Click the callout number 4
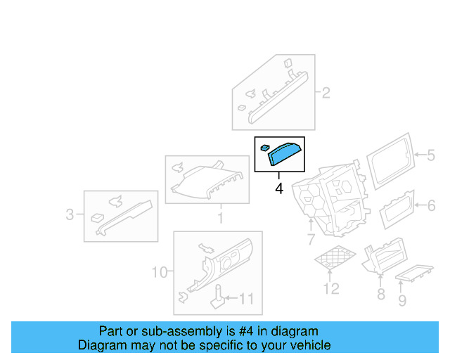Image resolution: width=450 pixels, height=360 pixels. [x=279, y=189]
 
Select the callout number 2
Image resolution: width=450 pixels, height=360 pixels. [x=326, y=92]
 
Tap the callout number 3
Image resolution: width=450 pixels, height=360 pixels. [x=70, y=214]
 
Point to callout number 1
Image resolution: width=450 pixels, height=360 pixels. [x=219, y=219]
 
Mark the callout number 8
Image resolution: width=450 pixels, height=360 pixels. [x=380, y=294]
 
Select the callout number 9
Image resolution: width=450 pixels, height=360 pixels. [x=402, y=302]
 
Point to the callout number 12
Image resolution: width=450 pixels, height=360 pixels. [x=330, y=288]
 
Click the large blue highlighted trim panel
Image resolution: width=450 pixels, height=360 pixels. [x=285, y=154]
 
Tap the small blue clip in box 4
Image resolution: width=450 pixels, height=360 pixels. [x=264, y=148]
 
